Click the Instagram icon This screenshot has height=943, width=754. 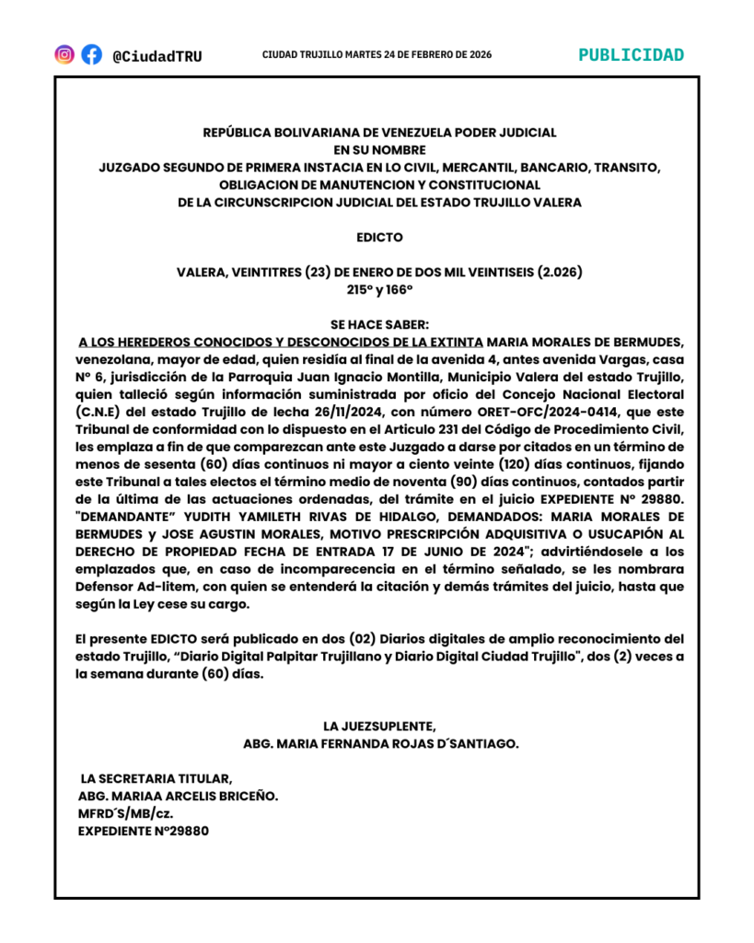point(64,54)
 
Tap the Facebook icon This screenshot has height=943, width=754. point(91,54)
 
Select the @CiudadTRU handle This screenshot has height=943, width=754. point(157,56)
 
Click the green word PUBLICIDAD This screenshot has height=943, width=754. point(632,54)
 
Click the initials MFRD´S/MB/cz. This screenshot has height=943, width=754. point(126,813)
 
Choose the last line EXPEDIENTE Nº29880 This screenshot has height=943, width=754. point(144,831)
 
